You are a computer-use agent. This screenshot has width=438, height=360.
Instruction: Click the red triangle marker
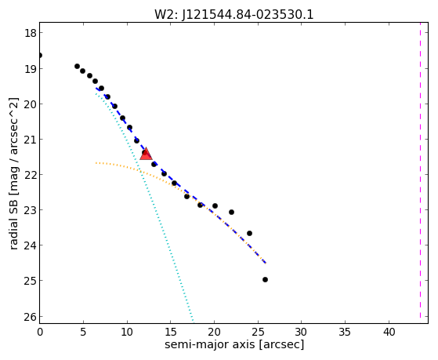click(x=146, y=154)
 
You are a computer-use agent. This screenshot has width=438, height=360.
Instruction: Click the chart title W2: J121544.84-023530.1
click(x=234, y=14)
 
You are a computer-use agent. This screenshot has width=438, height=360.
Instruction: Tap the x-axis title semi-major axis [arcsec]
click(x=234, y=344)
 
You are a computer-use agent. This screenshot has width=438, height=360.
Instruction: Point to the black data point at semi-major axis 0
click(x=40, y=56)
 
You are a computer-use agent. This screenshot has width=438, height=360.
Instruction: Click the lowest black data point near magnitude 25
click(x=265, y=279)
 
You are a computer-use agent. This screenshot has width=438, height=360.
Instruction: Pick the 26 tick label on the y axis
click(x=31, y=317)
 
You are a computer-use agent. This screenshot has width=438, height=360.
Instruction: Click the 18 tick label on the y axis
click(x=31, y=33)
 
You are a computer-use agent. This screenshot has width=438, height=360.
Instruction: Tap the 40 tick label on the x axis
click(x=389, y=332)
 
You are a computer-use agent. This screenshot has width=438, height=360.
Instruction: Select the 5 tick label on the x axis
click(x=83, y=332)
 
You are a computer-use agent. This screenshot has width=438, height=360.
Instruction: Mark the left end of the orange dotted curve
click(x=96, y=163)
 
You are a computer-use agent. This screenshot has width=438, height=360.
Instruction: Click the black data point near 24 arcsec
click(x=249, y=233)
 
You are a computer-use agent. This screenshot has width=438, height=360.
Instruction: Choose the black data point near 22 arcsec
click(x=231, y=212)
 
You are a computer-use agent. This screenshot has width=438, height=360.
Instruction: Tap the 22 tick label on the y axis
click(x=31, y=175)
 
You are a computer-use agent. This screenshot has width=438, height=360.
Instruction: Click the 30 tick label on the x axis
click(x=302, y=332)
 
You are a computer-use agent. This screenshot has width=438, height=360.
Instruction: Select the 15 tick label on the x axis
click(x=170, y=332)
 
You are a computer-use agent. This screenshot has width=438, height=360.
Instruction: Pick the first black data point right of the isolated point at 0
click(x=77, y=67)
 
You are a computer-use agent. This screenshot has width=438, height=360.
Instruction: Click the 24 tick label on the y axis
click(x=31, y=245)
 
